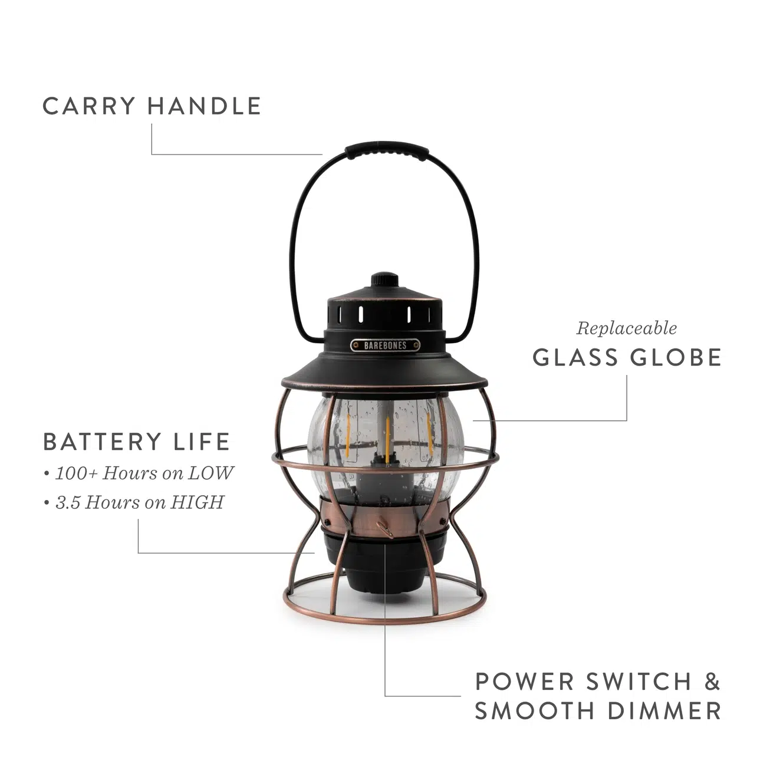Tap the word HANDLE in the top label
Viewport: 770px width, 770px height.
(x=204, y=106)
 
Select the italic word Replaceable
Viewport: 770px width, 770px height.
(x=626, y=328)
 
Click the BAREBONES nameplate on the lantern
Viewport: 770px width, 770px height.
(x=386, y=345)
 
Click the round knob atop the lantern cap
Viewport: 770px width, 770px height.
(x=385, y=278)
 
